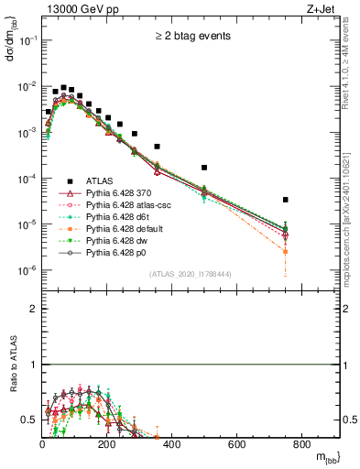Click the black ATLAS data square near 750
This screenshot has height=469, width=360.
286,200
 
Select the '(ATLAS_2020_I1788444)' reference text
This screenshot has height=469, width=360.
190,274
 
